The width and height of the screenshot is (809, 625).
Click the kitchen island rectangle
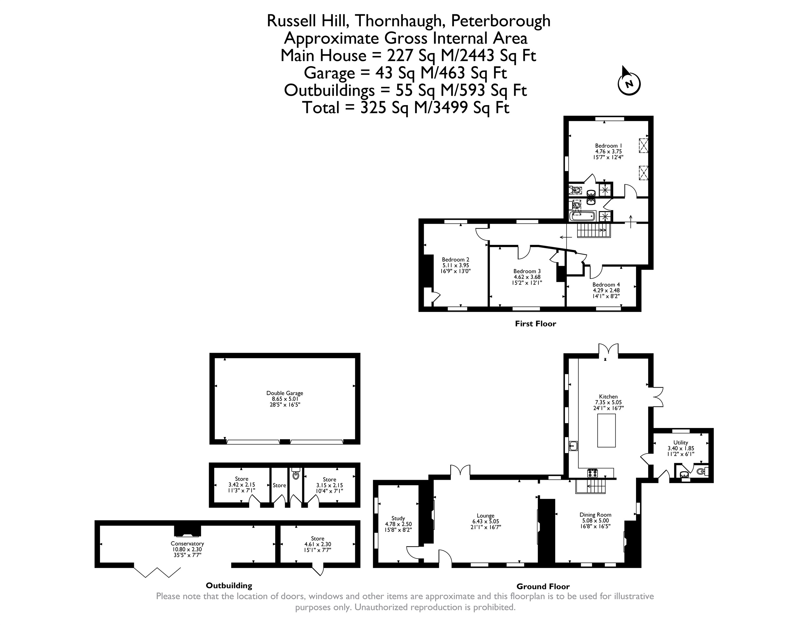(606, 431)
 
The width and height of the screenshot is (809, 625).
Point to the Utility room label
(680, 442)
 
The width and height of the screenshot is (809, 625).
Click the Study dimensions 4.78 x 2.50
(398, 524)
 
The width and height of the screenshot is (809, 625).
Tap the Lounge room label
(485, 516)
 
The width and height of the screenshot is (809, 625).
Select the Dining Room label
(595, 515)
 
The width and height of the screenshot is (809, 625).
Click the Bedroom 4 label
(606, 285)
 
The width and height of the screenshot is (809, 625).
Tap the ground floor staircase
(590, 486)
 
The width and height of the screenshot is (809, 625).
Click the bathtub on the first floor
(582, 216)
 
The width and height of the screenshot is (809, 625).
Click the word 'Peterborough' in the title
(501, 21)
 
